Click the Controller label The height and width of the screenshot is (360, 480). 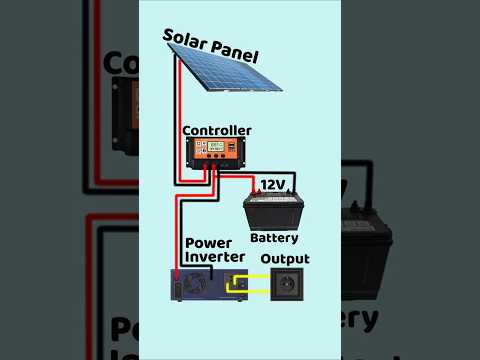click(217, 130)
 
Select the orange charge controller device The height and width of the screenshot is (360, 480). click(217, 152)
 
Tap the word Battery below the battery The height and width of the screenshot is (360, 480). click(274, 238)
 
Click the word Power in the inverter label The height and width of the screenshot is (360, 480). click(209, 243)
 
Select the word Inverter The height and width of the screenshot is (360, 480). click(215, 257)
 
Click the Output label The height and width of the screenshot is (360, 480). click(285, 259)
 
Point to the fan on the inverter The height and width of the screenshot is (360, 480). click(180, 285)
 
